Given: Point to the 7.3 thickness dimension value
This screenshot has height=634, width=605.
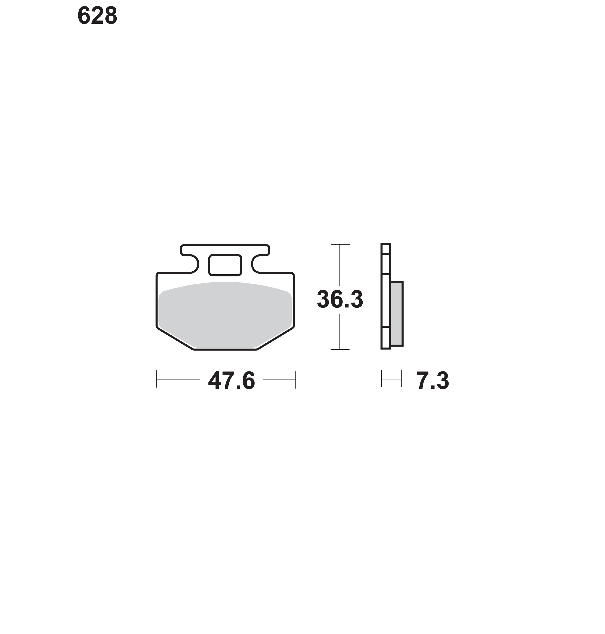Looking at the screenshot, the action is tap(432, 381).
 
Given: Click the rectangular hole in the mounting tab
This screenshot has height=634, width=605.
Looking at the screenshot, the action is tap(225, 265).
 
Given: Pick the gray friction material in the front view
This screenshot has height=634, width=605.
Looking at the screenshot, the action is tap(225, 315).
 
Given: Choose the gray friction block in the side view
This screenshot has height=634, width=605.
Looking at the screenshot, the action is tap(397, 313).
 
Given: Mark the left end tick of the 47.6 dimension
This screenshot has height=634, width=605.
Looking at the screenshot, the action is tap(156, 379).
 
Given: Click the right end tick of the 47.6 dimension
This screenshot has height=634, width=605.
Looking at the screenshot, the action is tap(295, 379).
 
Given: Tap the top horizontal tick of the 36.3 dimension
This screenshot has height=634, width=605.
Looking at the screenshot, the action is tap(340, 245).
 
